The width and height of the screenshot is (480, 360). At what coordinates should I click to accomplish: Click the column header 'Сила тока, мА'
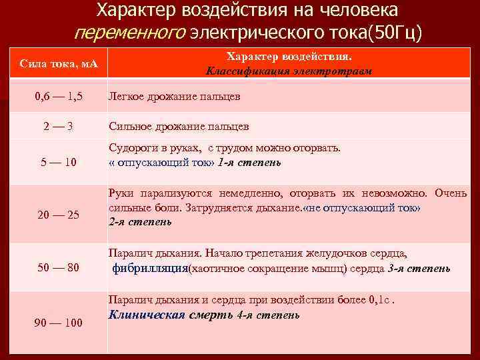tap(59, 64)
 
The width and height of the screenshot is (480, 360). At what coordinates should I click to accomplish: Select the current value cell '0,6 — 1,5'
tap(59, 97)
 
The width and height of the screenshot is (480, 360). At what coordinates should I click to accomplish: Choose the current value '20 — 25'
tap(59, 215)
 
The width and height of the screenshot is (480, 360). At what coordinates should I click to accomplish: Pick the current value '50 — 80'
tap(59, 268)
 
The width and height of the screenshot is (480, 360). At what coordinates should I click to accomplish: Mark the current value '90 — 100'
tap(59, 323)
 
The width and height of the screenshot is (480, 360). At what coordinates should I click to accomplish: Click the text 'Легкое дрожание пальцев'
tap(174, 97)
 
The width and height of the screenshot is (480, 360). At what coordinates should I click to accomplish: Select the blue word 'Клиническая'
tap(146, 315)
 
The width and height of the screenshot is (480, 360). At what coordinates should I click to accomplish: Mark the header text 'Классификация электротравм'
tap(289, 71)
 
